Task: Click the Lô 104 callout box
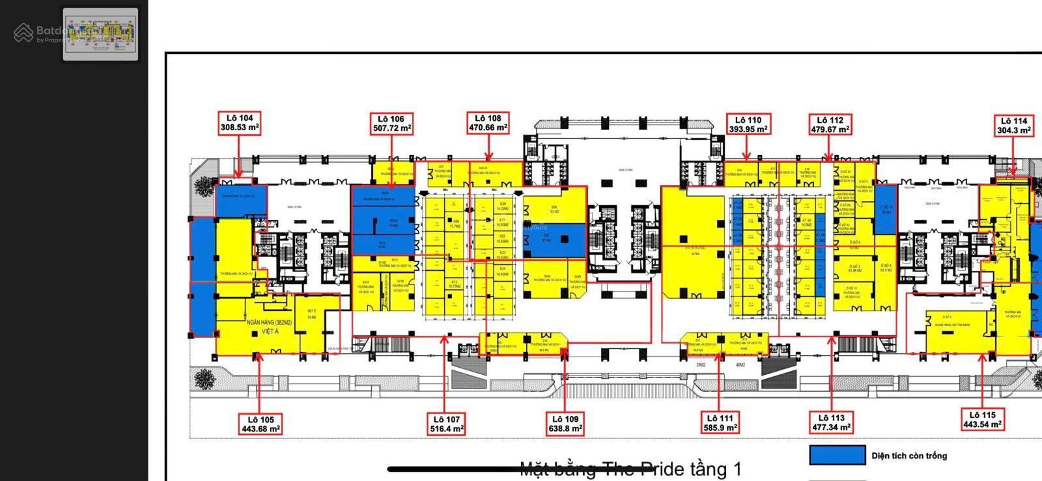[240, 123]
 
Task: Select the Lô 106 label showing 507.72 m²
[392, 124]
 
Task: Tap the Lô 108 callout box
[488, 122]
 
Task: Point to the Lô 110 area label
[748, 124]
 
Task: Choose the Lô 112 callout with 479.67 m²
[830, 124]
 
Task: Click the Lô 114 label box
[1013, 125]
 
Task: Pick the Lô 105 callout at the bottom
[260, 424]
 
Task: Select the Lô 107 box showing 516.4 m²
[446, 424]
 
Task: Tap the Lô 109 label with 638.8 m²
[565, 424]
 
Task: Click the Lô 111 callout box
[720, 423]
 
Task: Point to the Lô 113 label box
[831, 422]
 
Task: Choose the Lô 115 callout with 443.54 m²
[982, 420]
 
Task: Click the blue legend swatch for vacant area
[837, 456]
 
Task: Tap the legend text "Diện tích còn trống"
[909, 456]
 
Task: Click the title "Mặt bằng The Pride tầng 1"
[630, 469]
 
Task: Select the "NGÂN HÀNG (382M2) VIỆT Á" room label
[270, 327]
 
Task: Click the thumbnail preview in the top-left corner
[100, 34]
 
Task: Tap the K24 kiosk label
[502, 271]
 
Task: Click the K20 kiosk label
[503, 206]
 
